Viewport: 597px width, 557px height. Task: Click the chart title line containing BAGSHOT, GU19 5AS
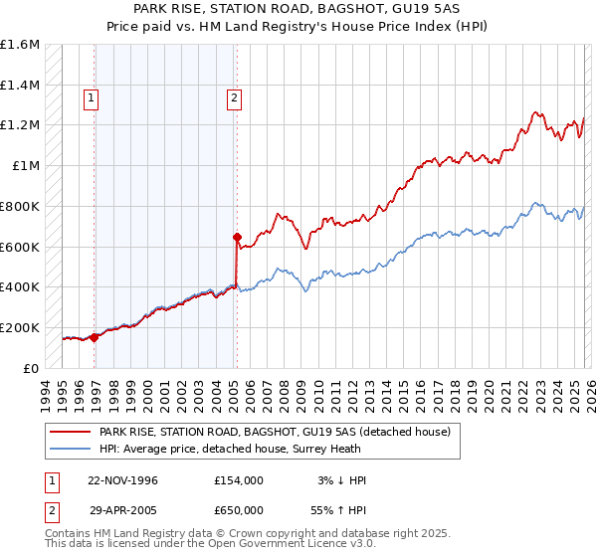pyautogui.click(x=298, y=9)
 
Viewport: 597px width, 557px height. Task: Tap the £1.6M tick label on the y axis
pyautogui.click(x=20, y=45)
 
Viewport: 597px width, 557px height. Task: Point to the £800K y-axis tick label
pyautogui.click(x=20, y=206)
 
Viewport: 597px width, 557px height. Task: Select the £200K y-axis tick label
pyautogui.click(x=20, y=327)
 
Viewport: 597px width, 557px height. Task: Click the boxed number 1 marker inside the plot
pyautogui.click(x=92, y=97)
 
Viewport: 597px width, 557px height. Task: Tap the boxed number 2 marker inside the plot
pyautogui.click(x=234, y=97)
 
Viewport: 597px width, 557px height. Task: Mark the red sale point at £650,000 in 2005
pyautogui.click(x=237, y=237)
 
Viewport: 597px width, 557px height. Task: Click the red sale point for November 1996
pyautogui.click(x=94, y=337)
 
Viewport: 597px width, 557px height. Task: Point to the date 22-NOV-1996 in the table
pyautogui.click(x=117, y=479)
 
